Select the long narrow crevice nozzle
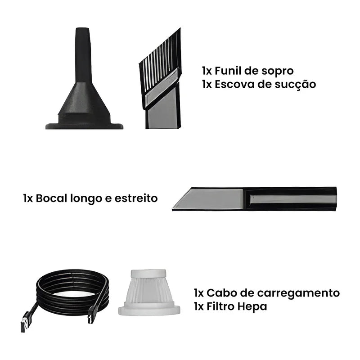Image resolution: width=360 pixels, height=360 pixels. (x=254, y=199)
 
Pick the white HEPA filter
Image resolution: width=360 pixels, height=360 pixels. (x=148, y=292)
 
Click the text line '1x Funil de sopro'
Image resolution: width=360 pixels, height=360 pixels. (x=247, y=71)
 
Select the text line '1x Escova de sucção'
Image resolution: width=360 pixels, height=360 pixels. (x=259, y=84)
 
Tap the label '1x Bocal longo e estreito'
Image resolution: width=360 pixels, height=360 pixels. (x=90, y=198)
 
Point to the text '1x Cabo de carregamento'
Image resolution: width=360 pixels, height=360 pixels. (x=267, y=293)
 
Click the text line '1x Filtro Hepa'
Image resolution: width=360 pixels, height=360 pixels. (x=230, y=306)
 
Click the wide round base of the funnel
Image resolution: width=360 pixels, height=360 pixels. (x=84, y=125)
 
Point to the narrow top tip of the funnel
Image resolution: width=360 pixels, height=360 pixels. (x=83, y=34)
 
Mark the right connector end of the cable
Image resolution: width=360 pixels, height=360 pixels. (x=92, y=317)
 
